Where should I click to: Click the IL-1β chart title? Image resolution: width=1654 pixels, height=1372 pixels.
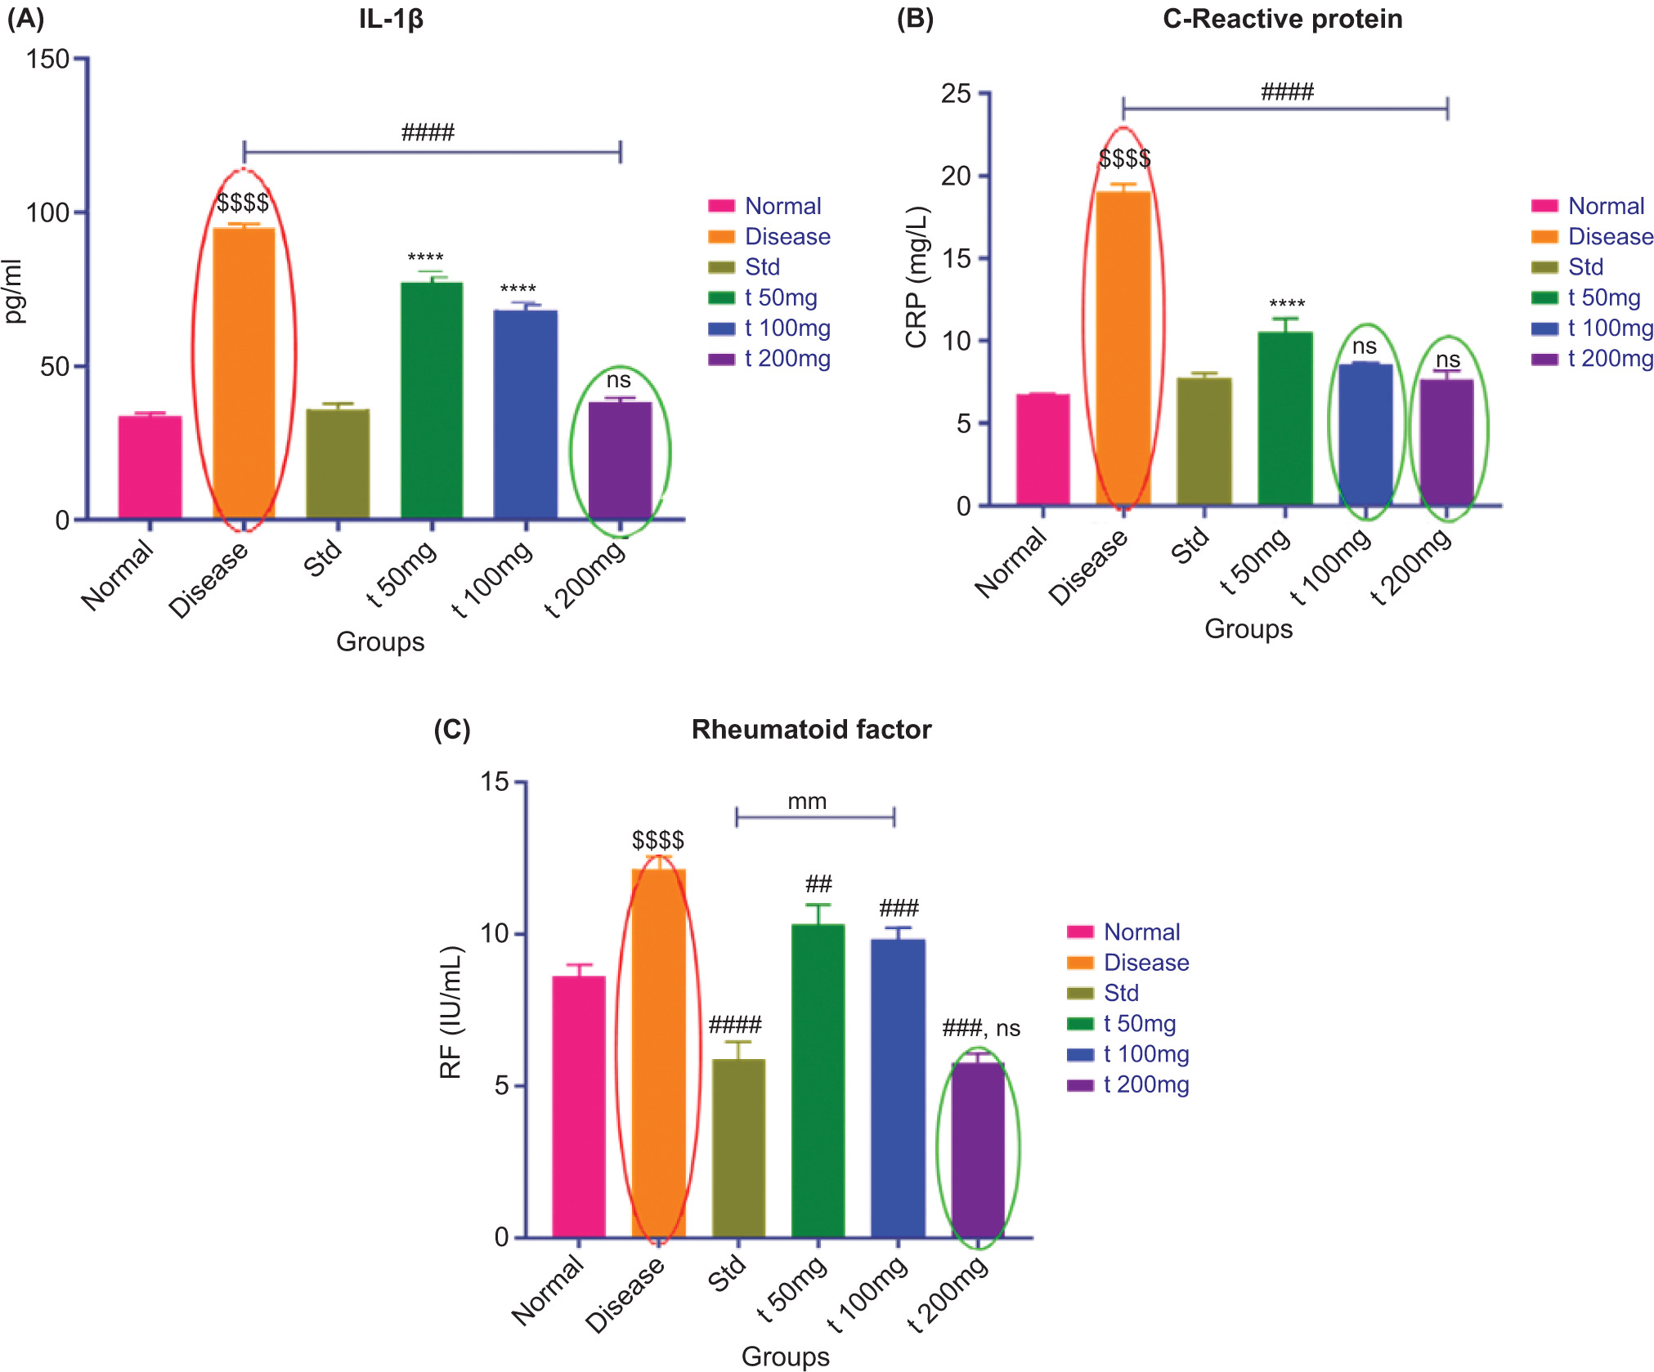(391, 19)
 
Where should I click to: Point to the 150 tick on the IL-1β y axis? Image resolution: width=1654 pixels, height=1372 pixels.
(47, 59)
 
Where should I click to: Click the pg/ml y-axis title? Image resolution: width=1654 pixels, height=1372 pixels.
(16, 292)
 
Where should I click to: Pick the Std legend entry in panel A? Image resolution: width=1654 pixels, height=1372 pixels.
(761, 267)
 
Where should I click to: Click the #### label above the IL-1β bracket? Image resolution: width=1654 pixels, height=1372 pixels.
(428, 132)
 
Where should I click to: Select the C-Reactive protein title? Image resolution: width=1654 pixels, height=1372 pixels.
(1282, 19)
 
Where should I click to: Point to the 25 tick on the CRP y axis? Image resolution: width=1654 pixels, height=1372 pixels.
(956, 93)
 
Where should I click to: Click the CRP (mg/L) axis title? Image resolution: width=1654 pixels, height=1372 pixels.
(917, 278)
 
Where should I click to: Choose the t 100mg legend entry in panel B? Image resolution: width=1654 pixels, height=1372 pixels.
(1607, 328)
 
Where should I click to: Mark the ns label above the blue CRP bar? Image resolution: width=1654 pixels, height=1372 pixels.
(1365, 346)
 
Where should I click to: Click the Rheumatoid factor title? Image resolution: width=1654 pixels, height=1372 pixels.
(811, 729)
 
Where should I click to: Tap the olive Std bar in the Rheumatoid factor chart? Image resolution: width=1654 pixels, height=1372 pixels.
(738, 1147)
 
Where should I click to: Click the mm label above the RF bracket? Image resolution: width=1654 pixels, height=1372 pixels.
(807, 802)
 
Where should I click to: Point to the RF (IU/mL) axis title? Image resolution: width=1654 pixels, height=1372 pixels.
(451, 1012)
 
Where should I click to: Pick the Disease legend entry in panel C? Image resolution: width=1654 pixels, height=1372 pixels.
(1145, 963)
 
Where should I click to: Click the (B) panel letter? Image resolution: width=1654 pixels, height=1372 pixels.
(915, 19)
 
